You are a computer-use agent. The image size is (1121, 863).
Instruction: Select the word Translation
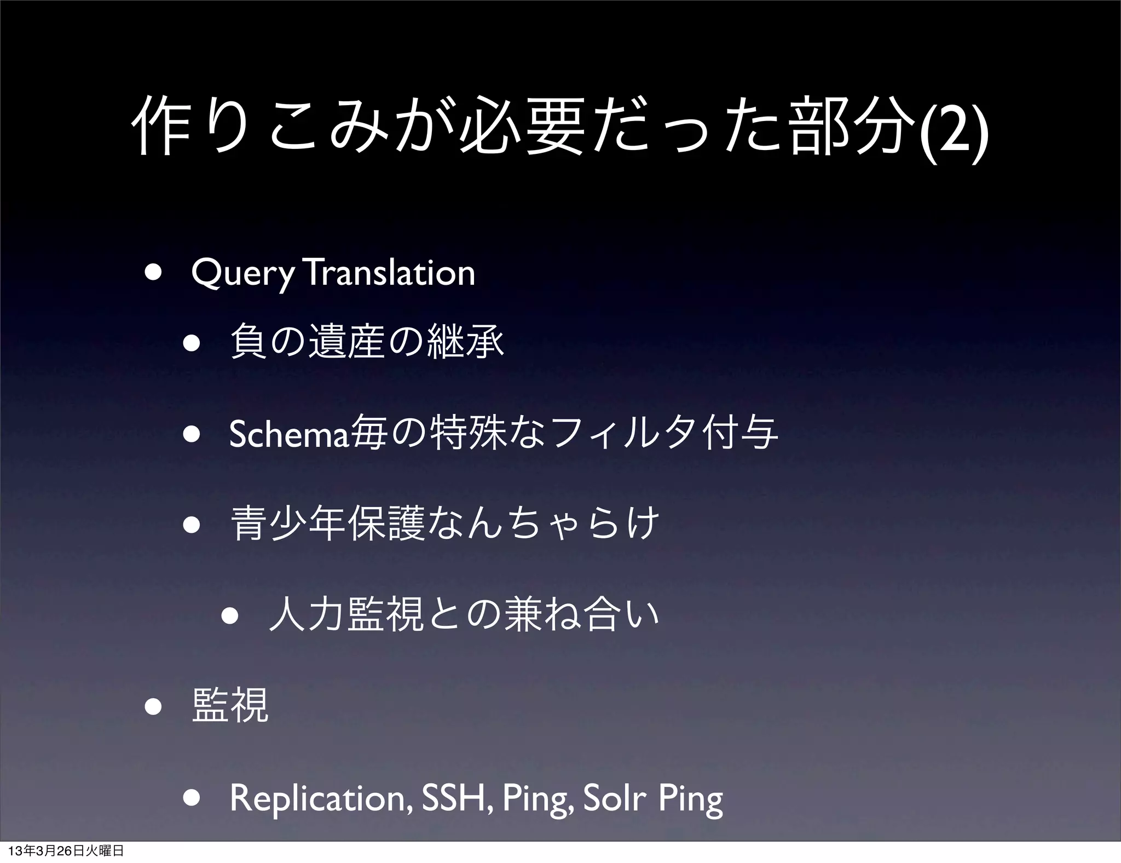391,272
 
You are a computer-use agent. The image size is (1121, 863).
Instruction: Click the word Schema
288,434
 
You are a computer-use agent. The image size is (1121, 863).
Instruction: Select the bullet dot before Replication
192,798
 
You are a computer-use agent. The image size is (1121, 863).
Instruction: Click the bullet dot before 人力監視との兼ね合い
230,615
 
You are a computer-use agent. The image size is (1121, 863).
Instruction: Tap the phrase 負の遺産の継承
367,342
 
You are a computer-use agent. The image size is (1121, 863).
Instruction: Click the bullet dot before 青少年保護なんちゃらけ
192,525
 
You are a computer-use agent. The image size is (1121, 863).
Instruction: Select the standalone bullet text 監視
230,706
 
